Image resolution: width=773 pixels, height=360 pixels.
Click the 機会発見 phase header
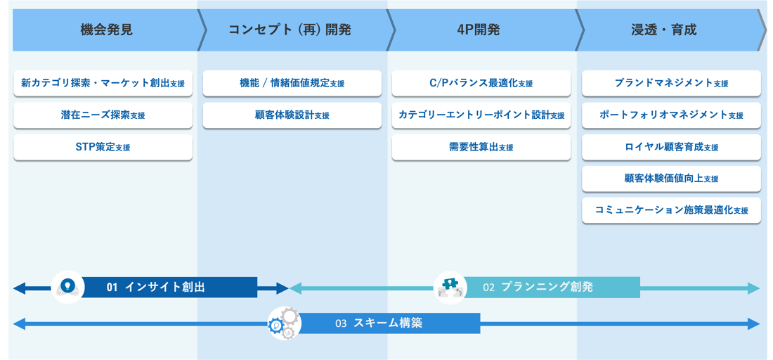[x=105, y=30]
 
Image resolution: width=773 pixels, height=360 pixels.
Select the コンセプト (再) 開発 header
[x=290, y=30]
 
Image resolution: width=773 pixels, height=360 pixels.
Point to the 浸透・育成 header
[x=664, y=30]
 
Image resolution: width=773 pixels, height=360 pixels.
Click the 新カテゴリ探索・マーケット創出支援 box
[x=103, y=83]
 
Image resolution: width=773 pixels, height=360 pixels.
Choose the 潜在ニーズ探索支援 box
[x=103, y=115]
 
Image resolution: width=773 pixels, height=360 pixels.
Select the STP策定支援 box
[x=103, y=148]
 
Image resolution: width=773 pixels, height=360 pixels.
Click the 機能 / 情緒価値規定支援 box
[x=292, y=83]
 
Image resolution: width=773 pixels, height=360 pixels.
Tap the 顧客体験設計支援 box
[x=292, y=115]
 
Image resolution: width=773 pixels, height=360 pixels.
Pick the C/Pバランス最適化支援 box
[x=481, y=83]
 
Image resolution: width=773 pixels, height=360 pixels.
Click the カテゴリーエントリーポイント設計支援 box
[x=481, y=115]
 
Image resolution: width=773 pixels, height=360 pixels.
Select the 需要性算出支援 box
[x=481, y=148]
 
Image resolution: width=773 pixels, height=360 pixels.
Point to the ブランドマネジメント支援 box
[x=671, y=83]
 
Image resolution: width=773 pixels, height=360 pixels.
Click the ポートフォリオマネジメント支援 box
[x=671, y=115]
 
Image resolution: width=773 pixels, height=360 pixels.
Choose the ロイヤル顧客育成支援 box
[x=671, y=148]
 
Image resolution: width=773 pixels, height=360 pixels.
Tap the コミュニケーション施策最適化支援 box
[x=671, y=210]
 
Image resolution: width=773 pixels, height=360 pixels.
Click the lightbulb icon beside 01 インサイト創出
[x=68, y=287]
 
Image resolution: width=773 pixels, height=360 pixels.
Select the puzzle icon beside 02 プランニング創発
[x=450, y=287]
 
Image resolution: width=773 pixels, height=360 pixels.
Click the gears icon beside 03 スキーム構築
[x=285, y=323]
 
